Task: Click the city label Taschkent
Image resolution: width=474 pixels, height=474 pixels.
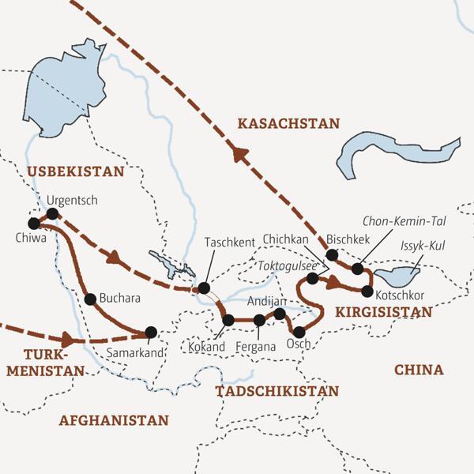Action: pos(230,244)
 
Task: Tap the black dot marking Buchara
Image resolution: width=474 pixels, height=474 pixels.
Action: pos(90,299)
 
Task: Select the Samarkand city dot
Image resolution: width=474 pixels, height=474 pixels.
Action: pos(151,332)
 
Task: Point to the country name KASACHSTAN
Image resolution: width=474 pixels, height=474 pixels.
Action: pos(288,123)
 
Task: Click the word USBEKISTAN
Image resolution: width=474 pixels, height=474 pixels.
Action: pos(76,171)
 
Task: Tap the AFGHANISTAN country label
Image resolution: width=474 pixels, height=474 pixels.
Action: pos(114,420)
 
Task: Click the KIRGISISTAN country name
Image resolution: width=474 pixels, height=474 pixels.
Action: pos(384,312)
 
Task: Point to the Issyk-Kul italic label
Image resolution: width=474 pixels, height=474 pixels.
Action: pos(423,247)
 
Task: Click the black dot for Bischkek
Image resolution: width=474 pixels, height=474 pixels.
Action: pos(332,254)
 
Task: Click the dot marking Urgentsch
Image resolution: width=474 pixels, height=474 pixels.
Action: pos(52,214)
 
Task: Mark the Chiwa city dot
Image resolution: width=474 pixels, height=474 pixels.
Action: pos(34,223)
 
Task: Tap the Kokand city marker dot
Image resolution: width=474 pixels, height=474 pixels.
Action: pos(228,320)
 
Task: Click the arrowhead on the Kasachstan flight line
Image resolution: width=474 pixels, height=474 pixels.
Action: pos(237,156)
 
